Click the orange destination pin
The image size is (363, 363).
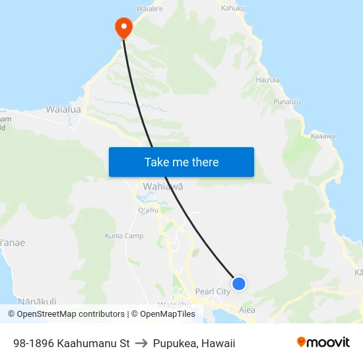pyautogui.click(x=123, y=27)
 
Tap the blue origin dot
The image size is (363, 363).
pyautogui.click(x=239, y=284)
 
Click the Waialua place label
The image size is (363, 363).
pyautogui.click(x=63, y=109)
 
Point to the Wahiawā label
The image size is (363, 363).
pyautogui.click(x=162, y=187)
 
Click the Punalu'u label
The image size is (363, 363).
pyautogui.click(x=287, y=102)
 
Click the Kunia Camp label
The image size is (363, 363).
pyautogui.click(x=124, y=236)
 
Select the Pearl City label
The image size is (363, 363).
pyautogui.click(x=213, y=291)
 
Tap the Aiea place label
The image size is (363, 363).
pyautogui.click(x=247, y=309)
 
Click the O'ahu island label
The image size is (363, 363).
pyautogui.click(x=148, y=210)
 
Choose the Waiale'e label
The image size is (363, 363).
pyautogui.click(x=150, y=9)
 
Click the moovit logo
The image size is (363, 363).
pyautogui.click(x=323, y=343)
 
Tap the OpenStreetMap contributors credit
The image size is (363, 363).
pyautogui.click(x=67, y=314)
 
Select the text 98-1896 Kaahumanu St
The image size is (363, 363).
pyautogui.click(x=71, y=343)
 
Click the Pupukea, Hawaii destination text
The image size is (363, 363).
pyautogui.click(x=194, y=343)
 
